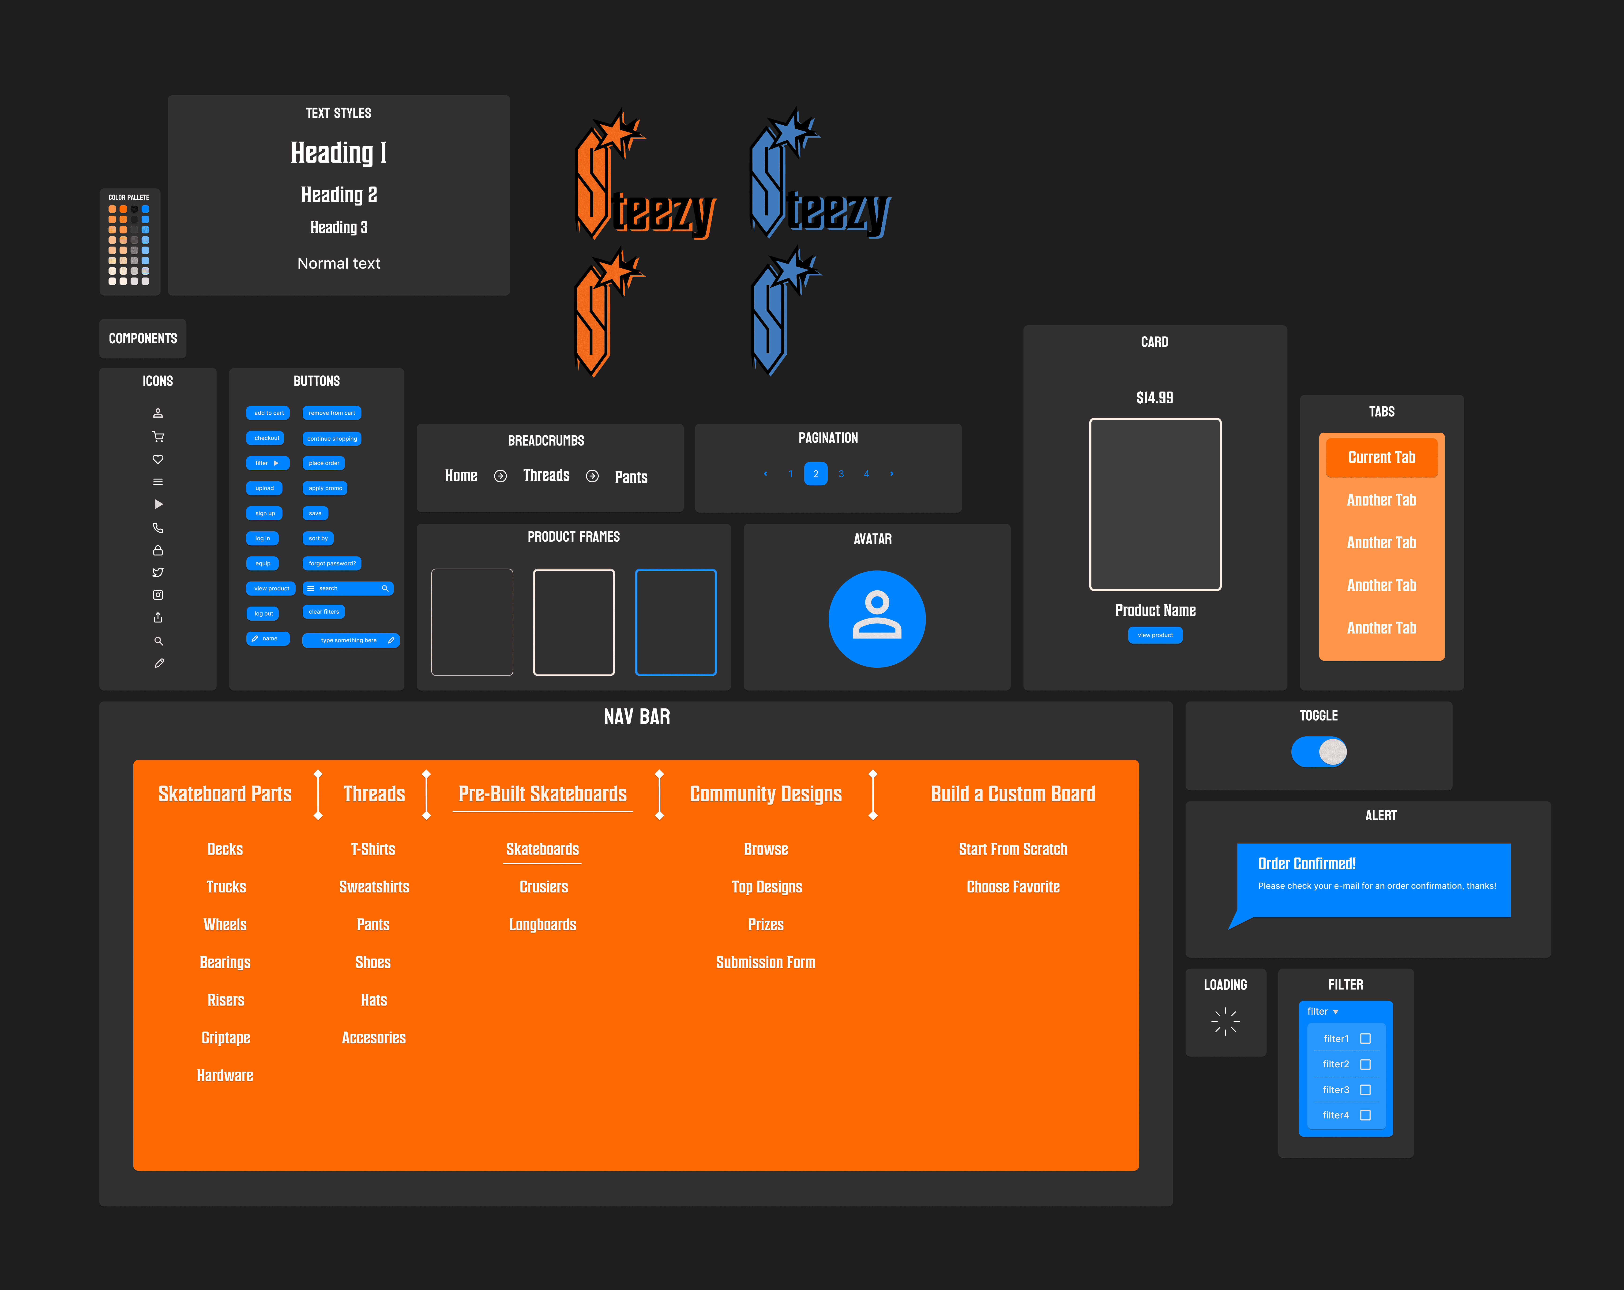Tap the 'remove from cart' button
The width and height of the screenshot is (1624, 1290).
click(331, 413)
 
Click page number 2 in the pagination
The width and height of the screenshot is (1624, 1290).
click(816, 474)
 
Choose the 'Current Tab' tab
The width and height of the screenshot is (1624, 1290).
click(1381, 457)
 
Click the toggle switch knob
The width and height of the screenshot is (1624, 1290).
click(1332, 752)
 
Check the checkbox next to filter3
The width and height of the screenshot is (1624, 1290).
click(1365, 1090)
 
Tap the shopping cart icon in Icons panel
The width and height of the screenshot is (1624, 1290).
click(158, 437)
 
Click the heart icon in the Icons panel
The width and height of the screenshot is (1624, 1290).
click(158, 459)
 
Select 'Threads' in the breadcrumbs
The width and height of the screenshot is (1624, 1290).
click(546, 475)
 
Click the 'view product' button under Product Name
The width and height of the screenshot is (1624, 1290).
click(1155, 635)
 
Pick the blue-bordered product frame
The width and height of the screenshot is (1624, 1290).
click(676, 622)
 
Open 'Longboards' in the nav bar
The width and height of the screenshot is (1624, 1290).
click(542, 925)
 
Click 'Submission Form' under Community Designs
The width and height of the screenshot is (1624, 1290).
click(765, 962)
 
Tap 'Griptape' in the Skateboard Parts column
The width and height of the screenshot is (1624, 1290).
click(225, 1038)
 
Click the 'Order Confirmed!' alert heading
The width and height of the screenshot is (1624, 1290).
click(1307, 864)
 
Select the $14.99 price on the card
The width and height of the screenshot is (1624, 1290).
click(1155, 398)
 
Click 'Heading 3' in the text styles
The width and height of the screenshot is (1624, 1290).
click(339, 227)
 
